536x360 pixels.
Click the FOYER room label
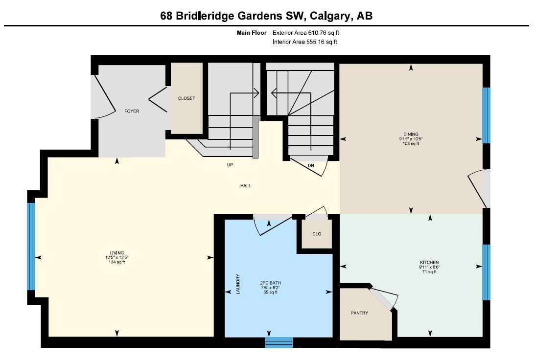(132, 111)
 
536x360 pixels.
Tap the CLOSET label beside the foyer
(186, 98)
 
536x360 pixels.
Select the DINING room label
(411, 134)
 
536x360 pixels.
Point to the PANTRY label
(359, 313)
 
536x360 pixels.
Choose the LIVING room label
(117, 252)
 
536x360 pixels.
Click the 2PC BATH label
(271, 283)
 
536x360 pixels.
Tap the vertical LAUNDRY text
(238, 284)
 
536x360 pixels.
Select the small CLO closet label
(317, 234)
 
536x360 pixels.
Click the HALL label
(245, 185)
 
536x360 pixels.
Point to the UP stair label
(230, 165)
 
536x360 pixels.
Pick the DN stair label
(311, 165)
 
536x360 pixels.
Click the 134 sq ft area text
(117, 262)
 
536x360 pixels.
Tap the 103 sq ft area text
(411, 144)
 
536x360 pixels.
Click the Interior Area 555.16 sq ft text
(305, 42)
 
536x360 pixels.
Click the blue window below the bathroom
(279, 342)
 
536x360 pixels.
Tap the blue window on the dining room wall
(486, 115)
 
